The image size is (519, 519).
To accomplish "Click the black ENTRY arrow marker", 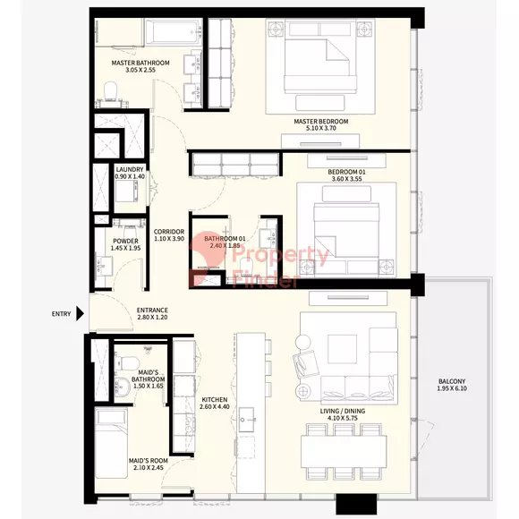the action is (x=80, y=313).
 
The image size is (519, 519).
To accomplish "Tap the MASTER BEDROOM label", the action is (x=320, y=122).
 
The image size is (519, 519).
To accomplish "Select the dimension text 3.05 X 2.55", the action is (x=140, y=70).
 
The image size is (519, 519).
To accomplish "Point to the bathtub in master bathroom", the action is (x=174, y=32).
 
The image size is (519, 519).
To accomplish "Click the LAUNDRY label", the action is (x=130, y=169).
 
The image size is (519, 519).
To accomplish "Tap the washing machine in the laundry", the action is (x=126, y=191).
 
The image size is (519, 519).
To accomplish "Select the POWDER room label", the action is (x=125, y=241).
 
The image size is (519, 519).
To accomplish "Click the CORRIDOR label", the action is (x=169, y=232).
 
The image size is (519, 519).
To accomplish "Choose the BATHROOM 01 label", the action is (x=225, y=238).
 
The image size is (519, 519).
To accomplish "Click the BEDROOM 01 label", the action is (x=346, y=172).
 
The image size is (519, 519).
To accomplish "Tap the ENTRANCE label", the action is (x=152, y=311).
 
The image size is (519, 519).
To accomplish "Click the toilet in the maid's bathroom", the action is (x=127, y=362).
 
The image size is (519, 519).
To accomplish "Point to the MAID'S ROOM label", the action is (x=148, y=461).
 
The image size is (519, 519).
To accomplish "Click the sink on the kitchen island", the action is (x=247, y=420).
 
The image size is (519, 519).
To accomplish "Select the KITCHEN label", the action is (x=215, y=399).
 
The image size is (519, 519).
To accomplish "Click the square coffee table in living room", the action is (x=342, y=349).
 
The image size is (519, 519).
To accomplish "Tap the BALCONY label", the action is (x=452, y=381).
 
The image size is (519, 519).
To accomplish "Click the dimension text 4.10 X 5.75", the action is (x=343, y=418).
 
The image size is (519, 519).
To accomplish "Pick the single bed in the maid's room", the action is (x=111, y=443).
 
